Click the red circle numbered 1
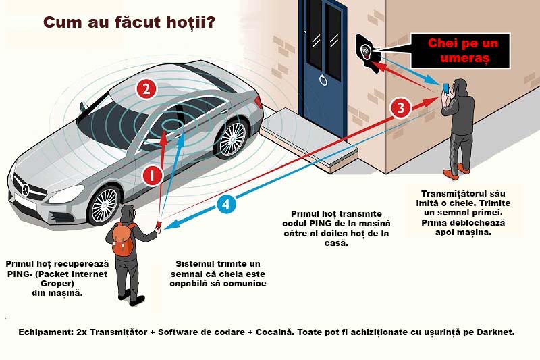[x=152, y=176]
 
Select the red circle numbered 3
[x=400, y=107]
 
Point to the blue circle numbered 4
[x=227, y=203]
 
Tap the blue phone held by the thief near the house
[x=446, y=88]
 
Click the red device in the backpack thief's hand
[x=159, y=225]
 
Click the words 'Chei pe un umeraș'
[x=463, y=51]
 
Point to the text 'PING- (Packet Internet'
[x=49, y=274]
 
